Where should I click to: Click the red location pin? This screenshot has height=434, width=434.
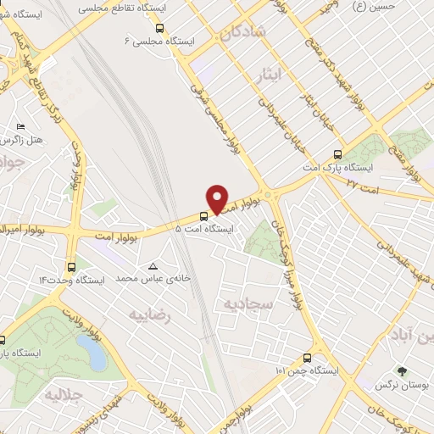coord(218,198)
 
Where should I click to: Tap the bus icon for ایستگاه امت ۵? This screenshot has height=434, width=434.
coord(203,216)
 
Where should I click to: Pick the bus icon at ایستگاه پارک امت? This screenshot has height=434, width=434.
coord(337,155)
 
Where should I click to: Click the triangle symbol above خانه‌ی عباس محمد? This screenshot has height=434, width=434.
coord(153,266)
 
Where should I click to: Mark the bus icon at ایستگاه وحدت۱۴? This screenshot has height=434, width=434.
coord(70,266)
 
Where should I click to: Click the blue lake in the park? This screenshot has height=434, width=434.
coord(91,353)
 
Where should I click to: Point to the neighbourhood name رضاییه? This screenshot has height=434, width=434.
coord(150,315)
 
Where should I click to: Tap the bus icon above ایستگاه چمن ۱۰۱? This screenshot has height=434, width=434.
coord(306,359)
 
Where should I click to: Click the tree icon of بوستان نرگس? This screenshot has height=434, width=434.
coord(402,370)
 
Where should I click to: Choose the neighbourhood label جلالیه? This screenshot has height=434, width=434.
coord(63,395)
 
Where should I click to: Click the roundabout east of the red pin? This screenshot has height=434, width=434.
coord(270,195)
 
